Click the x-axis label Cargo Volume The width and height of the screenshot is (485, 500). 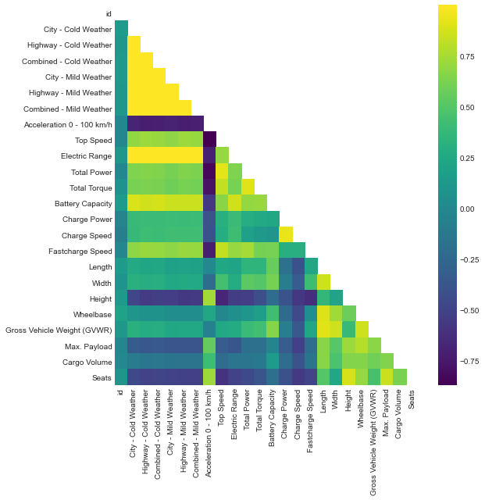click(x=400, y=423)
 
